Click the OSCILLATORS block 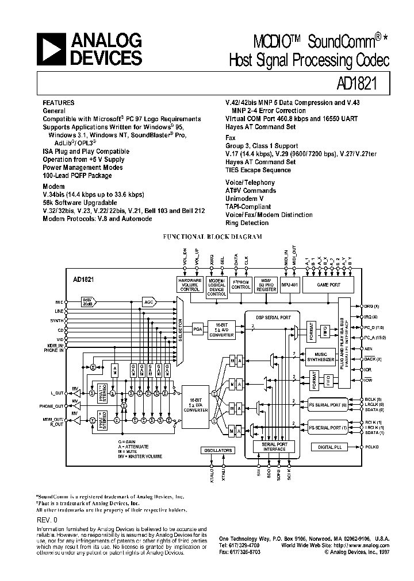pyautogui.click(x=217, y=450)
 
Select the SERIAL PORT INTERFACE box pyautogui.click(x=274, y=446)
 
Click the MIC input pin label pyautogui.click(x=59, y=301)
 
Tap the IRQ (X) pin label pyautogui.click(x=370, y=317)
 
